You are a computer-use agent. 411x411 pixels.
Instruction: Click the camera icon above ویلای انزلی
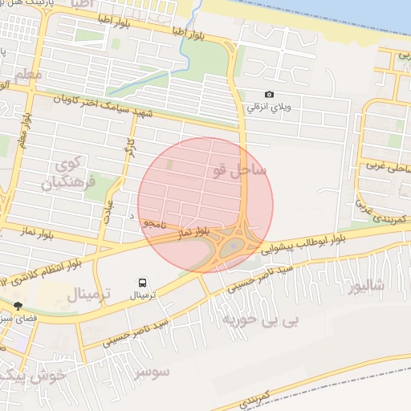pyautogui.click(x=269, y=95)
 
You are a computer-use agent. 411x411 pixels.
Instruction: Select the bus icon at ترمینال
pyautogui.click(x=142, y=283)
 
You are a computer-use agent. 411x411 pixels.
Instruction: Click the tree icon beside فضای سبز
pyautogui.click(x=18, y=305)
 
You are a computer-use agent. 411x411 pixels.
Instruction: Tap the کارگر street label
pyautogui.click(x=127, y=147)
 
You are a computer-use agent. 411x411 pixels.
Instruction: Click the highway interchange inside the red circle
pyautogui.click(x=233, y=245)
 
